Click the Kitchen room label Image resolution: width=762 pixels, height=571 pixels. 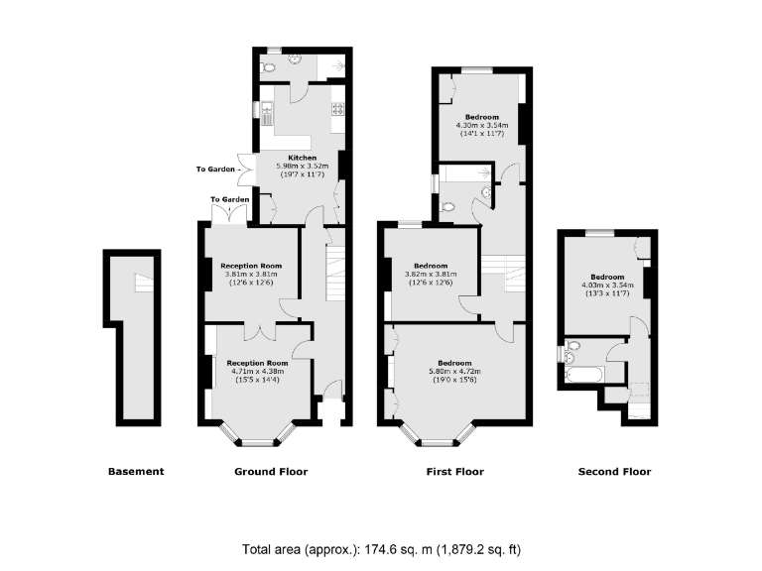click(x=302, y=158)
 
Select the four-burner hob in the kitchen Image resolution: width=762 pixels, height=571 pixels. click(x=337, y=110)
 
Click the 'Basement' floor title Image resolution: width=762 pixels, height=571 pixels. click(x=135, y=472)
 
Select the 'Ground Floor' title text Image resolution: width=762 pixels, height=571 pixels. click(x=271, y=472)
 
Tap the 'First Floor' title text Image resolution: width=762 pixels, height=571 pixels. click(x=455, y=472)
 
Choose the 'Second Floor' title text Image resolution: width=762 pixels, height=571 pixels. click(x=614, y=472)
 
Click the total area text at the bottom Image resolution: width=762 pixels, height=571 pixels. click(x=381, y=549)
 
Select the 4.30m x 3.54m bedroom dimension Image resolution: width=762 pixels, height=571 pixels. click(x=481, y=126)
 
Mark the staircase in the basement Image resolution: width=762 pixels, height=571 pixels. click(x=146, y=284)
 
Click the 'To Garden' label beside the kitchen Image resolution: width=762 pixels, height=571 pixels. click(x=214, y=170)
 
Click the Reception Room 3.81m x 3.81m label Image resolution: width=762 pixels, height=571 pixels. click(x=251, y=266)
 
